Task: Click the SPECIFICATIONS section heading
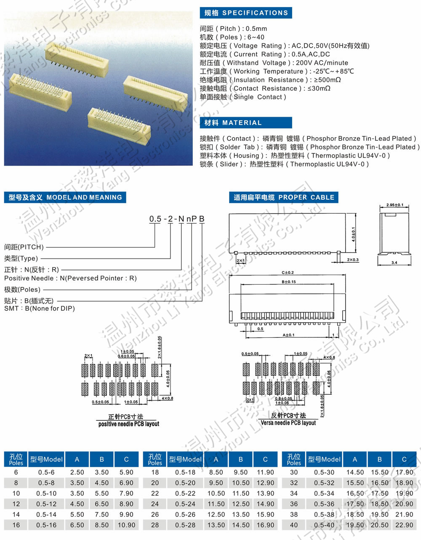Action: coord(246,13)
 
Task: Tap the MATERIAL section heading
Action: coord(233,123)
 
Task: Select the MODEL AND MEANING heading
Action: coord(65,197)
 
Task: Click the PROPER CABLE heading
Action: coord(284,197)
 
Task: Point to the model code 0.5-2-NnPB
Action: coord(177,219)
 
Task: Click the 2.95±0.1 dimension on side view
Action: coord(394,205)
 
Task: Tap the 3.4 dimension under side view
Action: coord(394,262)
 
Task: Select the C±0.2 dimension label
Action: coord(288,273)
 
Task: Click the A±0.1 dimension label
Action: coord(288,335)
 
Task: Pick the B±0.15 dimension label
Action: coord(288,282)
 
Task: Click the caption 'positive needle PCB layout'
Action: coord(128,424)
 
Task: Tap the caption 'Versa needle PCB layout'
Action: coord(288,422)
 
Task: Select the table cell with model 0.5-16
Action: coord(46,525)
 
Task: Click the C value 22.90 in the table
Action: coord(404,525)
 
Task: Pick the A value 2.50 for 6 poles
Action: coord(77,472)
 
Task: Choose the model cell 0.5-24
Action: coord(185,504)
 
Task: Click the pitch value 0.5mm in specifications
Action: coord(256,29)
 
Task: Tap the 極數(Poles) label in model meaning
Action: coord(22,289)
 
